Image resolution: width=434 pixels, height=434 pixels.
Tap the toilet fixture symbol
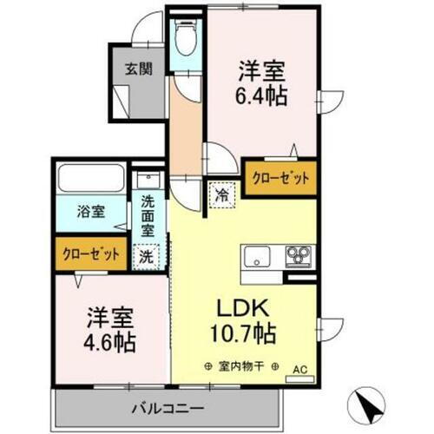183,37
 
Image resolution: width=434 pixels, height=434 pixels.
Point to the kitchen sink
258,257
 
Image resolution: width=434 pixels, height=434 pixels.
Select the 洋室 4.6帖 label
109,329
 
